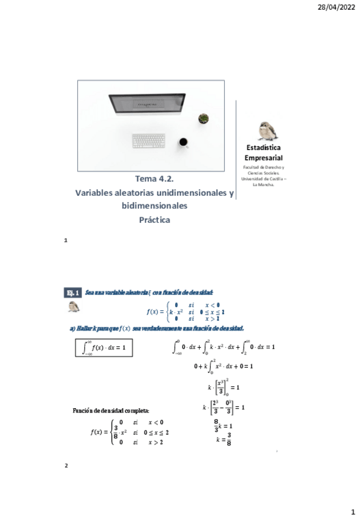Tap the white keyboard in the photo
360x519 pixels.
(x=148, y=141)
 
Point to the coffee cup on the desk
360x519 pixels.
(x=183, y=143)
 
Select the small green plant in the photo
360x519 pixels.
(x=203, y=118)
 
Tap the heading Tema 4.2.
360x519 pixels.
(x=155, y=179)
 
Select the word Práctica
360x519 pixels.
(x=155, y=219)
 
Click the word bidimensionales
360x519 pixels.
(x=155, y=206)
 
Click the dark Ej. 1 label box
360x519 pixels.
(x=73, y=293)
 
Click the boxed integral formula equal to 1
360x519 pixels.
(x=100, y=348)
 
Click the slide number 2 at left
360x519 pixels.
(x=66, y=466)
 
